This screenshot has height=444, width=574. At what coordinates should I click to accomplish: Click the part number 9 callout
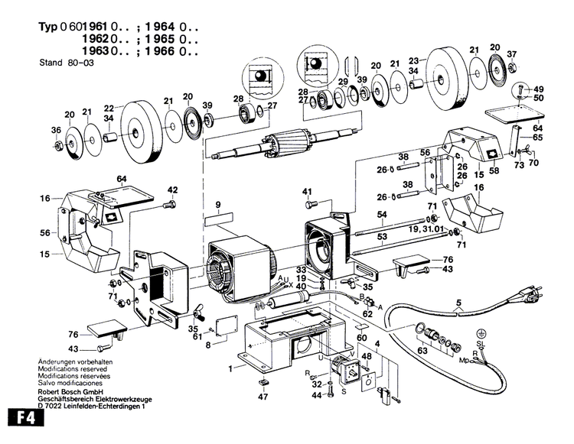click(218, 205)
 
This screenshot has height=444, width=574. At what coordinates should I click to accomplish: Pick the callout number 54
click(382, 215)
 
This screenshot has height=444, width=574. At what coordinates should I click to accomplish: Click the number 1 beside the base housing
click(230, 368)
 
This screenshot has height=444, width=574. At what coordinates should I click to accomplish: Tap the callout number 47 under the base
click(263, 397)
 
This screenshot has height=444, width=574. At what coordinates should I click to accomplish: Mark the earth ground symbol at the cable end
click(481, 333)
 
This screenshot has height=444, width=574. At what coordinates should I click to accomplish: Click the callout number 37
click(512, 53)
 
